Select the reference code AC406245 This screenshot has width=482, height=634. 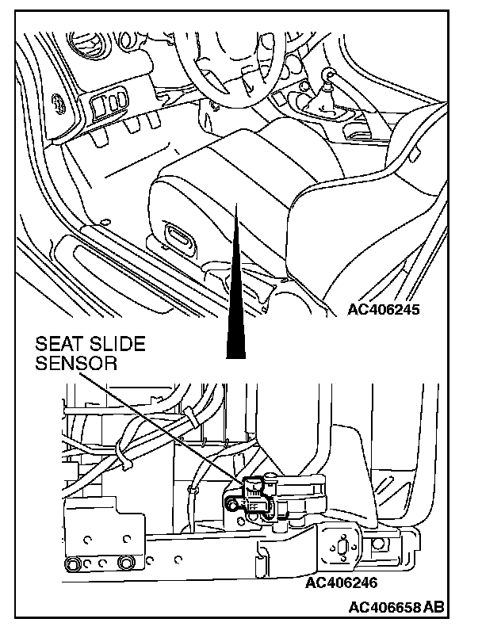pyautogui.click(x=383, y=310)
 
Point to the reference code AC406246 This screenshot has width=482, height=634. pyautogui.click(x=340, y=584)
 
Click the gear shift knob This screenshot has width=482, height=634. pyautogui.click(x=326, y=77)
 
